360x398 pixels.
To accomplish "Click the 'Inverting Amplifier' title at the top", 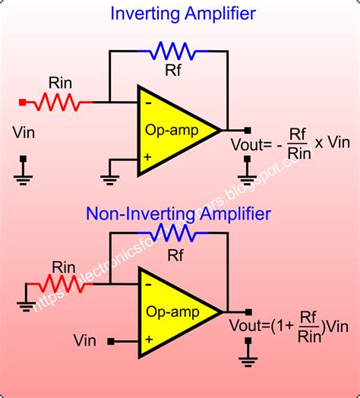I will (x=183, y=13).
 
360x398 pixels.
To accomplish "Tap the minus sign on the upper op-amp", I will (x=147, y=103).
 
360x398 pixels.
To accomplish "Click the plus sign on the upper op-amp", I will (x=147, y=158).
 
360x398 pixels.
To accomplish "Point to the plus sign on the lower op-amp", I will (x=147, y=340).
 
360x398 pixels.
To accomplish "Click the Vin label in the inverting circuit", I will (x=24, y=132).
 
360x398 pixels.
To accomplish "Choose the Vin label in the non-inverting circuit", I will (x=86, y=340).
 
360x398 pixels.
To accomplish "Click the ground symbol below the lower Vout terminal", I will (x=248, y=356).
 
